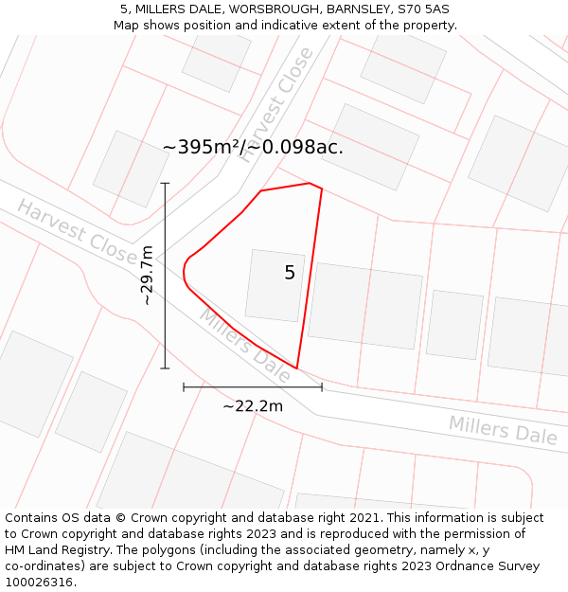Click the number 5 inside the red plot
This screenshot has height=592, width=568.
(x=290, y=273)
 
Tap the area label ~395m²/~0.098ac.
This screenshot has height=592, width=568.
(x=253, y=147)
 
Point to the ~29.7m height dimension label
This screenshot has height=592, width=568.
(x=147, y=275)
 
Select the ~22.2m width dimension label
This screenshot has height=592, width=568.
(x=253, y=406)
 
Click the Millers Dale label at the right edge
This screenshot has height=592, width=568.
(x=503, y=430)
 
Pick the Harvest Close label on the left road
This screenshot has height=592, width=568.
(x=77, y=232)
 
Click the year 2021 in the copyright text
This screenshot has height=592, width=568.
(x=359, y=518)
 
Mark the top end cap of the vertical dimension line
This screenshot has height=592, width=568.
(x=165, y=183)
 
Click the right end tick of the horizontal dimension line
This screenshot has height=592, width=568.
(x=322, y=386)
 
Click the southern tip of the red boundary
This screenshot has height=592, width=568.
(x=297, y=368)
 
